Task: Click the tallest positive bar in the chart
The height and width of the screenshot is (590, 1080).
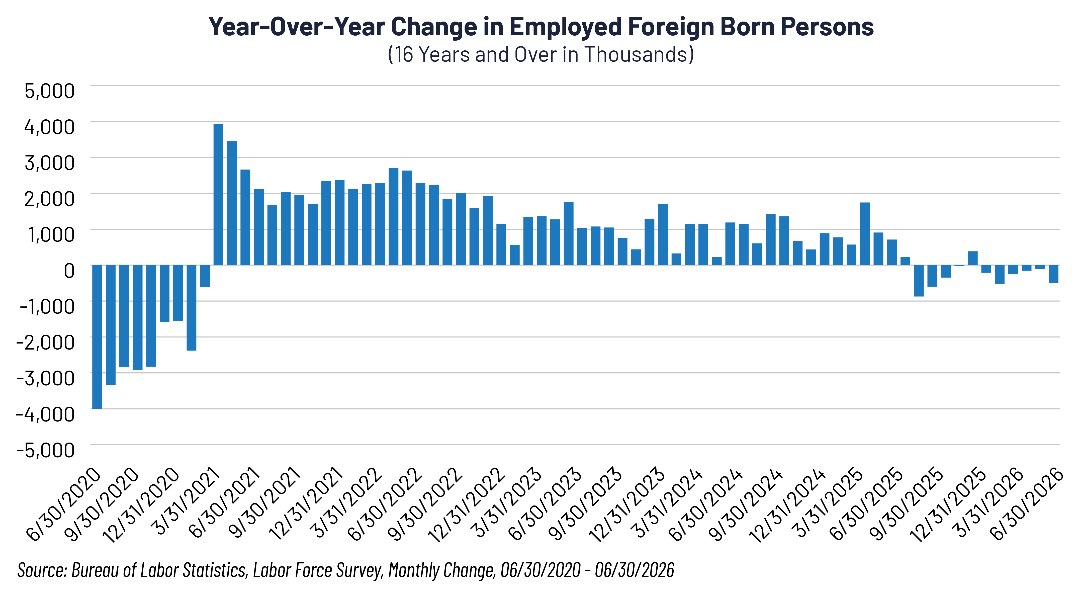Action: pos(218,195)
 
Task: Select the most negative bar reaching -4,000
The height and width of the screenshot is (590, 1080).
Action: pos(97,337)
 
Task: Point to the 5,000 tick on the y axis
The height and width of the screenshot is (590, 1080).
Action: pos(49,91)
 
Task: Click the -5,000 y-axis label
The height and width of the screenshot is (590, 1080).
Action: pos(45,450)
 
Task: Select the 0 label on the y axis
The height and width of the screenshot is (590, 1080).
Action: pos(69,271)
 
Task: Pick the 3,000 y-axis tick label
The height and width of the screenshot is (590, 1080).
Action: pos(49,163)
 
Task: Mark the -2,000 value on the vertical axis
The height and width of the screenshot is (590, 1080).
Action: pos(45,342)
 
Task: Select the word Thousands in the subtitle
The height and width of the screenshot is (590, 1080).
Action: pos(637,54)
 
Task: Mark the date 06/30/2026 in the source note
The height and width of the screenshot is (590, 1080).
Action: pos(634,570)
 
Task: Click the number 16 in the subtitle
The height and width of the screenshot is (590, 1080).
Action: pos(404,54)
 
